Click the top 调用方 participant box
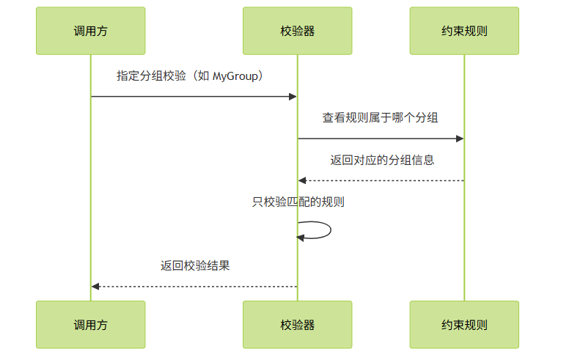[x=91, y=31]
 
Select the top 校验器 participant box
[x=297, y=31]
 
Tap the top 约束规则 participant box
[x=464, y=31]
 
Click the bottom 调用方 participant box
[x=91, y=324]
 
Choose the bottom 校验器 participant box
[x=297, y=324]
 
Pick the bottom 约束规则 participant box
[x=464, y=324]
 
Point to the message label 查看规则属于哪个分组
[x=381, y=117]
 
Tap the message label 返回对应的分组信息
[x=381, y=159]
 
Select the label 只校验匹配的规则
[x=298, y=202]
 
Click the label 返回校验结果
[x=195, y=265]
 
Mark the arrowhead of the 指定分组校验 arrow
[x=293, y=96]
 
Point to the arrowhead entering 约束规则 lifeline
[x=460, y=139]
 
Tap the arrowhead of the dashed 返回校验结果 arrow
[x=96, y=286]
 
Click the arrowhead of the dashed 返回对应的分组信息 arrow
[x=302, y=180]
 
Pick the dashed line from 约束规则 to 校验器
[x=381, y=180]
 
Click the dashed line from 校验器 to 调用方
[x=194, y=286]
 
